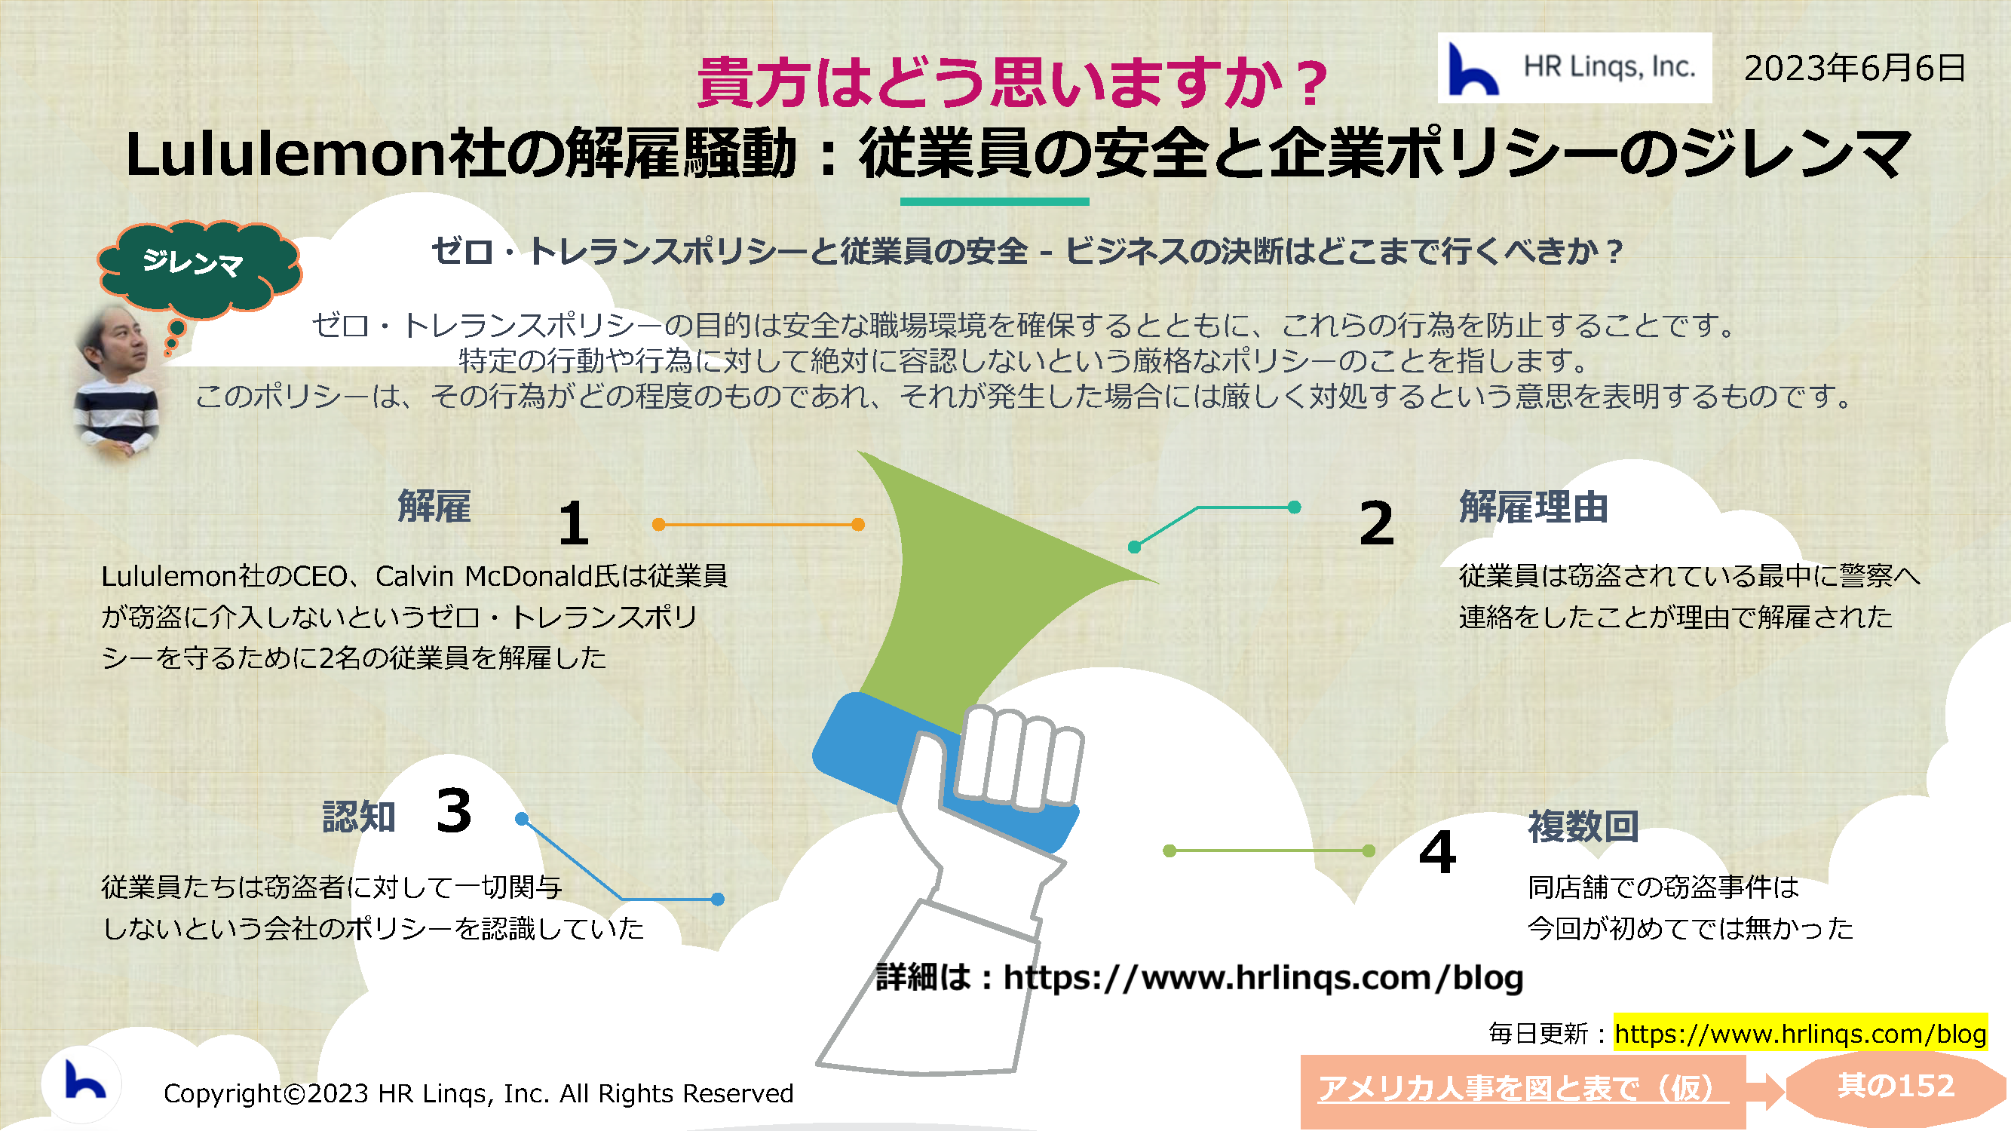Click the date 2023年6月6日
[1854, 69]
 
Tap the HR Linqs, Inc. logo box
[1574, 68]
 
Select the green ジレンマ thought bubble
[199, 267]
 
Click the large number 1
[574, 523]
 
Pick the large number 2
[1375, 523]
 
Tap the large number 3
[455, 811]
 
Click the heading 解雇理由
[1533, 507]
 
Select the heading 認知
[359, 817]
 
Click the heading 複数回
[1583, 826]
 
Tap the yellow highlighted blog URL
[1800, 1034]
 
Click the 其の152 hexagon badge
[1896, 1087]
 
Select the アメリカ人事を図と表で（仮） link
[1523, 1088]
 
